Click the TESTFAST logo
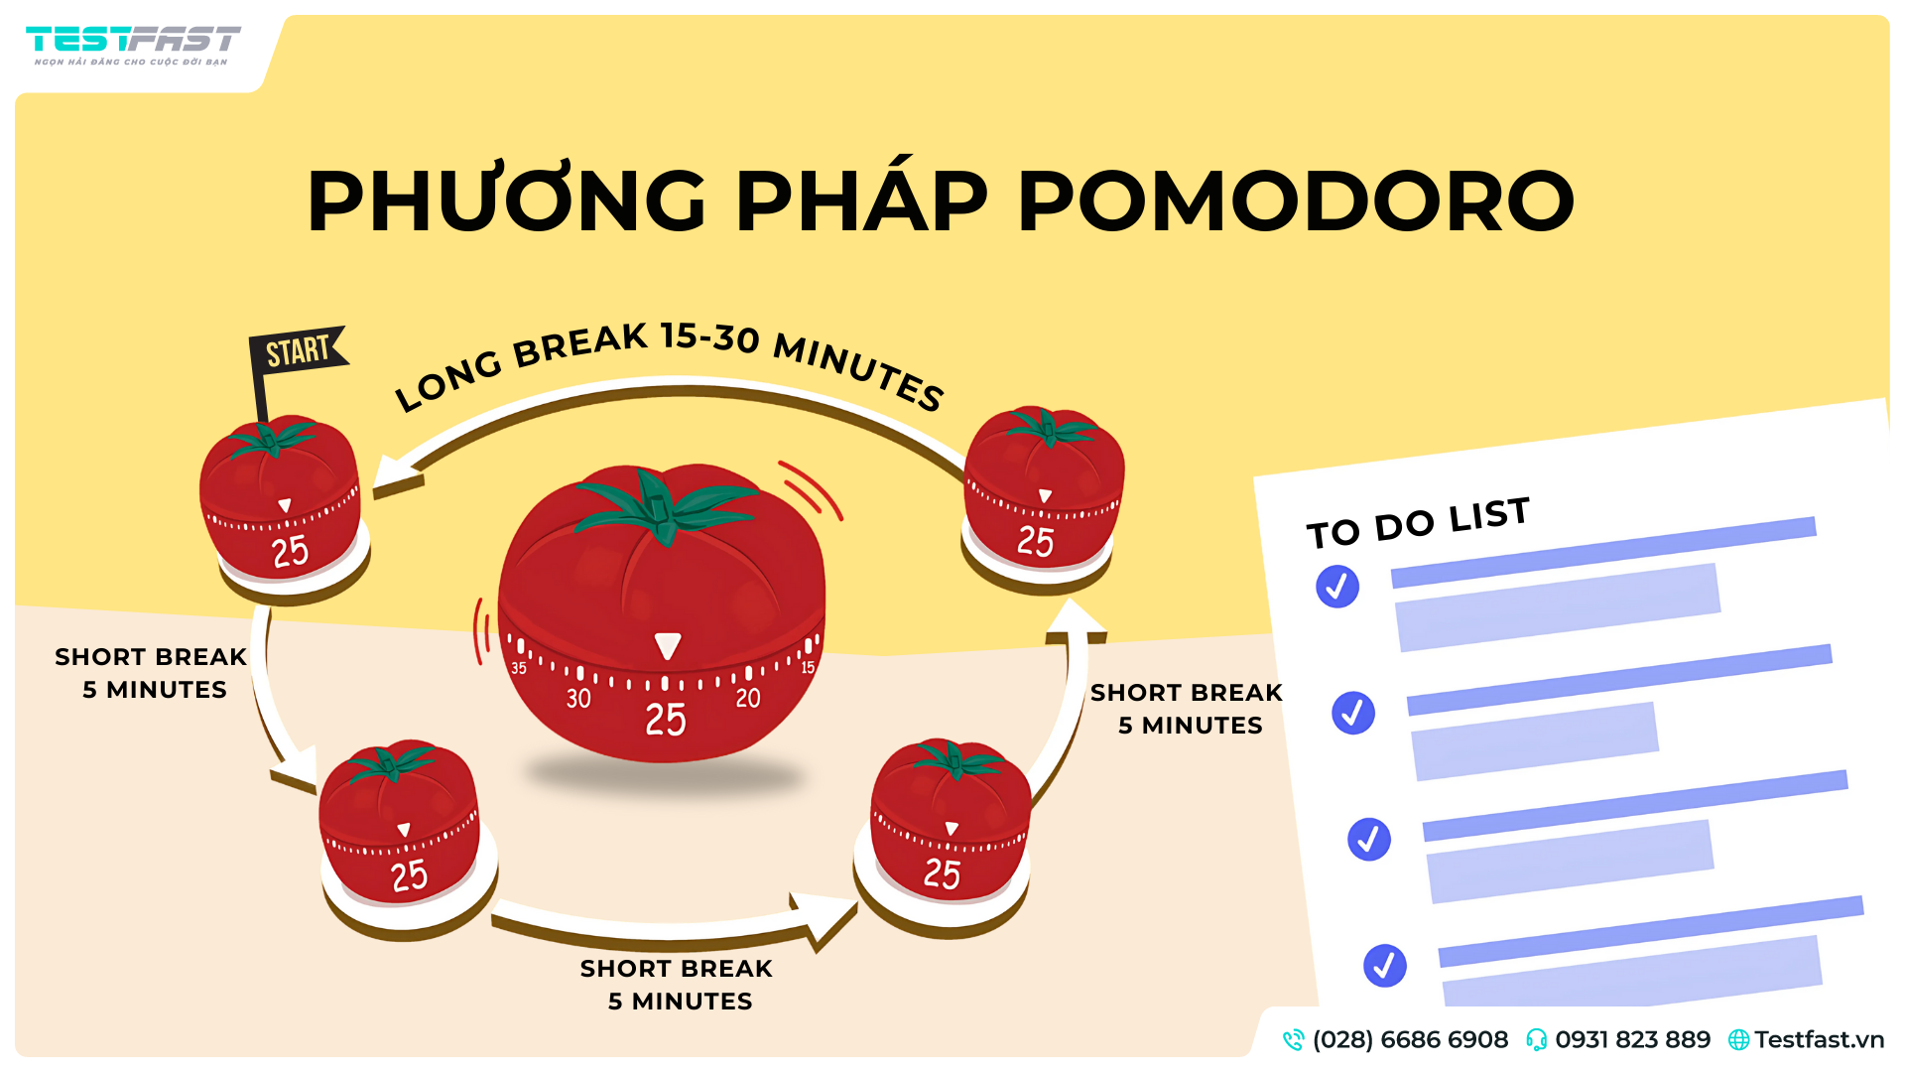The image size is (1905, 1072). pos(133,44)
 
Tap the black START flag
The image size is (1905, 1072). pos(298,351)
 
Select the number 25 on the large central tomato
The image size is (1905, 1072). pos(665,720)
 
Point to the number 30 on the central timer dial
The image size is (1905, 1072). pos(578,699)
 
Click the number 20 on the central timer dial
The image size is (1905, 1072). pos(748,699)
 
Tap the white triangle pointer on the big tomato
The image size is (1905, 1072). pos(668,646)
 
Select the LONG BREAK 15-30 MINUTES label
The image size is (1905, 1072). pos(670,362)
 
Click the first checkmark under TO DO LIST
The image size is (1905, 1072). pos(1337,587)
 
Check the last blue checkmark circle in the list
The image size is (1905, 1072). pos(1385,965)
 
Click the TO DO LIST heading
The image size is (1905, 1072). pos(1418,523)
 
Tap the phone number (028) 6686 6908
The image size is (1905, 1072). pos(1409,1039)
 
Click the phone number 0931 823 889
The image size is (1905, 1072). pos(1632,1039)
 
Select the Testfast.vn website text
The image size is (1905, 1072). pos(1818,1039)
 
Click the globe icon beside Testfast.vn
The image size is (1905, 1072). pos(1738,1039)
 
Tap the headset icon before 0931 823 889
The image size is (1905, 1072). pos(1536,1039)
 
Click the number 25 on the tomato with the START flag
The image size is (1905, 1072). pos(290,552)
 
